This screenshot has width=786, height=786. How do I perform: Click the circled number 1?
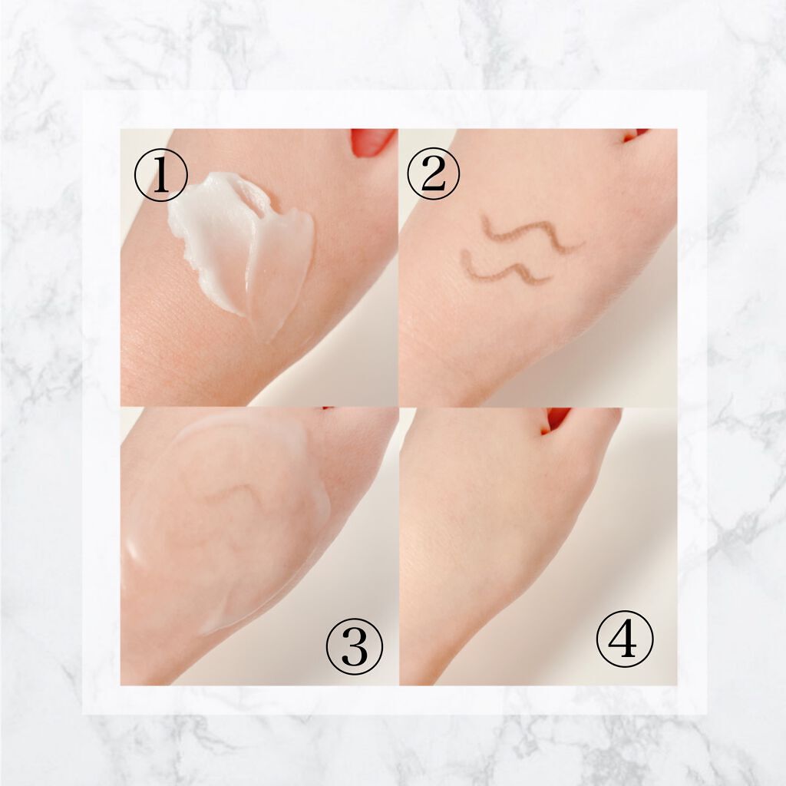[161, 175]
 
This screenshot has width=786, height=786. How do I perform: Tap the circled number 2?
[433, 173]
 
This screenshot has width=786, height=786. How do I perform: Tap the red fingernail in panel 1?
[372, 142]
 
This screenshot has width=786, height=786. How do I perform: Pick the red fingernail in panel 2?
[635, 134]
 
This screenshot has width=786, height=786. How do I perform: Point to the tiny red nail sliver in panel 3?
[328, 408]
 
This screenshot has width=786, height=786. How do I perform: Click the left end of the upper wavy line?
[484, 217]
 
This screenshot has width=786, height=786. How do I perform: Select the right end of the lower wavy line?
[550, 276]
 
